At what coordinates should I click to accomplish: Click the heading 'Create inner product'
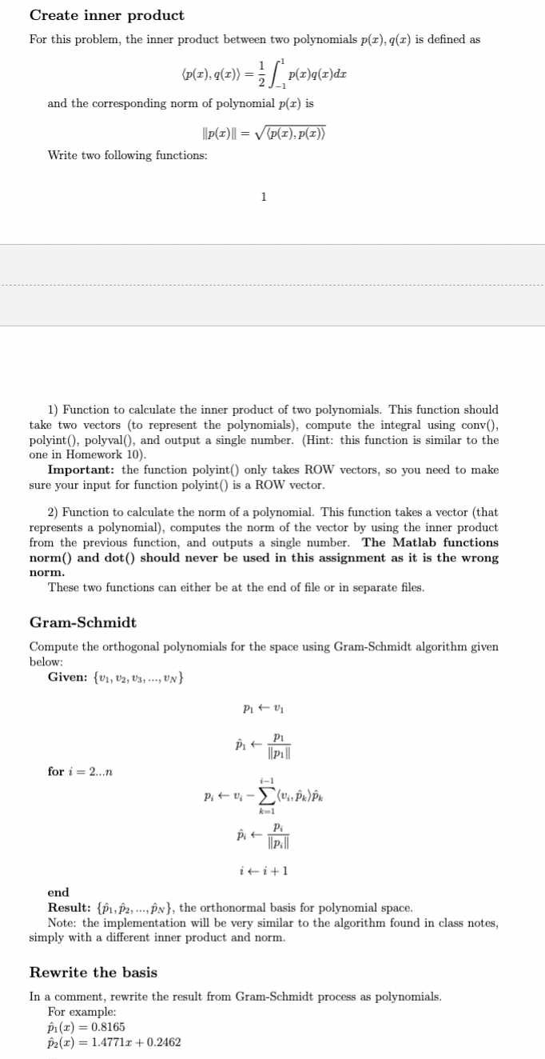tap(106, 15)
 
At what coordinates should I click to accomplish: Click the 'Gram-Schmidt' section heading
tap(82, 622)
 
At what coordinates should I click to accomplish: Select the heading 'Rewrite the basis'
tap(93, 973)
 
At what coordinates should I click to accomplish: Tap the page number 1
tap(264, 198)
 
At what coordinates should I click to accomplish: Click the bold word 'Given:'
tap(70, 679)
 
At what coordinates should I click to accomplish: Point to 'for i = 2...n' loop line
tap(80, 771)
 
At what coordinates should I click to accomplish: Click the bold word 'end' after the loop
tap(58, 893)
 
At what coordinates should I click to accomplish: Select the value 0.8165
tap(108, 1027)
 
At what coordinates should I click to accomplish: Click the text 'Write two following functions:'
tap(127, 155)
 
